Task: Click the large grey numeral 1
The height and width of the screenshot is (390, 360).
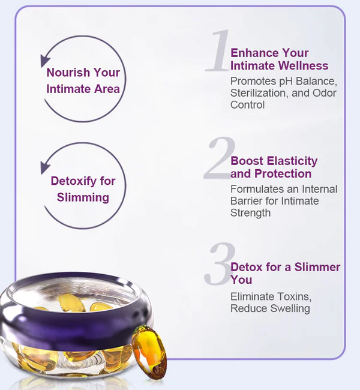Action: tap(218, 52)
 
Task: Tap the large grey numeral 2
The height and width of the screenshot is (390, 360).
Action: tap(218, 158)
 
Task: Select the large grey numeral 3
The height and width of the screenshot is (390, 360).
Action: tap(218, 265)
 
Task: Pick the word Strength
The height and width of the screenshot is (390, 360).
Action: tap(250, 212)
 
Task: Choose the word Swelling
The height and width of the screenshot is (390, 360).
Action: tap(284, 308)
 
